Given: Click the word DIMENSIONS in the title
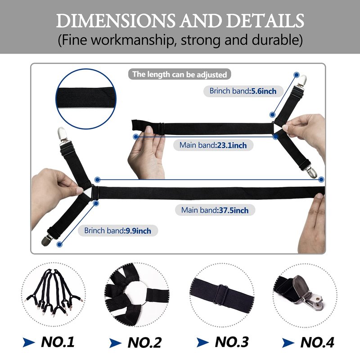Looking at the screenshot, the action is tap(116, 21).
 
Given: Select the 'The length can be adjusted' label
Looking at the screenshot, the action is tap(180, 74).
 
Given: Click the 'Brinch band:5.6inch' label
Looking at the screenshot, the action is tap(243, 91).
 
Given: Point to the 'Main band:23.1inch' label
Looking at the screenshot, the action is tap(213, 145).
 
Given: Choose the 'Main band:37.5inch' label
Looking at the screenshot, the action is tap(215, 210).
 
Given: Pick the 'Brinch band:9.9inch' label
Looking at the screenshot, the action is tap(118, 230).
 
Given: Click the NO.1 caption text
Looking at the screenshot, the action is tap(58, 342).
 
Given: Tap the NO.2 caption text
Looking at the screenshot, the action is tap(144, 343).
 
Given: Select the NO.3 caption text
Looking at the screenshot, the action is tap(232, 342).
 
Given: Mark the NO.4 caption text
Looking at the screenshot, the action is tap(317, 342).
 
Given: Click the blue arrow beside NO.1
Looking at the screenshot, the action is tap(28, 342).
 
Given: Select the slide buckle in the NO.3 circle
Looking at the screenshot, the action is tap(221, 294).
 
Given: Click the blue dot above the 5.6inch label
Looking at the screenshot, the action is tap(297, 75).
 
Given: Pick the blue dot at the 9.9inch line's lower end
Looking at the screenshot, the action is tap(59, 244).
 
